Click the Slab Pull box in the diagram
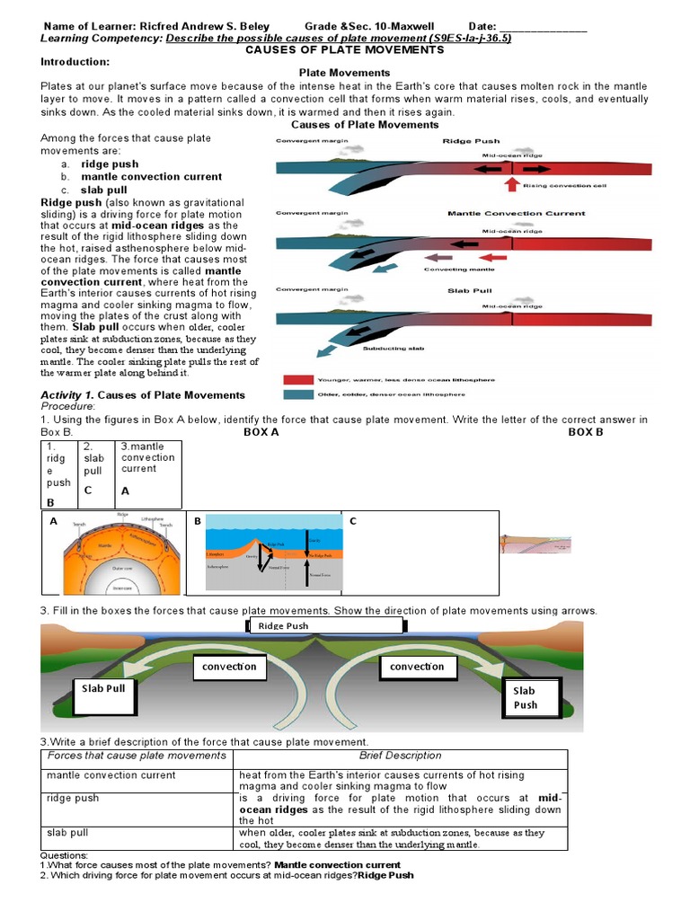pyautogui.click(x=104, y=689)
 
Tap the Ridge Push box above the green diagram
pyautogui.click(x=284, y=626)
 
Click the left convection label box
pyautogui.click(x=229, y=667)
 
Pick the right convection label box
pyautogui.click(x=417, y=667)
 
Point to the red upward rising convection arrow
pyautogui.click(x=511, y=184)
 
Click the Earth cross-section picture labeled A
pyautogui.click(x=113, y=555)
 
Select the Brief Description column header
pyautogui.click(x=401, y=756)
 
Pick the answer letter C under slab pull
pyautogui.click(x=88, y=490)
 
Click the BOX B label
pyautogui.click(x=586, y=432)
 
